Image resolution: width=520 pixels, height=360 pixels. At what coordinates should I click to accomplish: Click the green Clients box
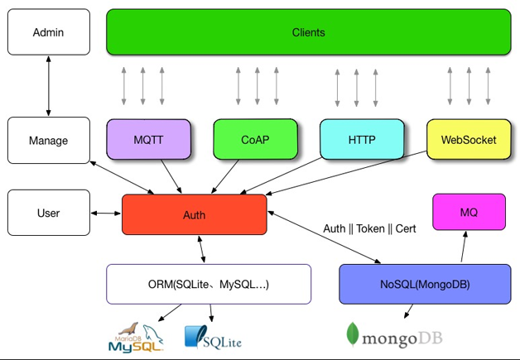[x=308, y=32]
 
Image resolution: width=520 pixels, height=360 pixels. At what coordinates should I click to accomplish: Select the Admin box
[x=48, y=32]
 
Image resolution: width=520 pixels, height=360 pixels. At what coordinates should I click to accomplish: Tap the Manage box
[x=48, y=140]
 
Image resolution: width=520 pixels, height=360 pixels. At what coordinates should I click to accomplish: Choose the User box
[x=48, y=213]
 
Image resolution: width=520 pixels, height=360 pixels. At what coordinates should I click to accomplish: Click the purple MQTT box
[x=148, y=140]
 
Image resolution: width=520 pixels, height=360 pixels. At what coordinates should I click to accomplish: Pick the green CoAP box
[x=254, y=140]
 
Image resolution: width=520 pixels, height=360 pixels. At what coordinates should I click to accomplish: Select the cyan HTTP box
[x=362, y=140]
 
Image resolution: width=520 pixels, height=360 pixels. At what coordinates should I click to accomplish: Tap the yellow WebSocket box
[x=469, y=140]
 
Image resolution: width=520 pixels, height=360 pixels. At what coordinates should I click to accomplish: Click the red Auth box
[x=194, y=214]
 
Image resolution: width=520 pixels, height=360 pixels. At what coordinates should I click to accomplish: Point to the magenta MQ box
[x=469, y=212]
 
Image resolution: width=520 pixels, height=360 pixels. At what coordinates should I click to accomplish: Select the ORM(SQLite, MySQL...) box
[x=208, y=284]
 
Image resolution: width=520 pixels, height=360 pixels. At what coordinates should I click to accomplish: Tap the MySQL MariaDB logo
[x=137, y=338]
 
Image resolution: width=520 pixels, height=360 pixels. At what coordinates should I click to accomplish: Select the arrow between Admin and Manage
[x=48, y=86]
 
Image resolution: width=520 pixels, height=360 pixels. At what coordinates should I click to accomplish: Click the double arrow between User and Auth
[x=106, y=214]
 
